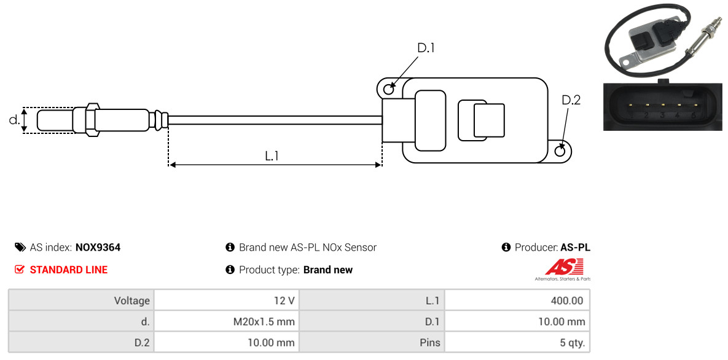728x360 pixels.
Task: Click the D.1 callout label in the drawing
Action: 426,48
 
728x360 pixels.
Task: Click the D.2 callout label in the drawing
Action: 571,100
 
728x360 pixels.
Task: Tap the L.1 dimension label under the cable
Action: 272,156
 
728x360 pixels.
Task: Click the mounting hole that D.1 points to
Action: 388,90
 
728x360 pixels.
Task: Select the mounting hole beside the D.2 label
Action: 560,151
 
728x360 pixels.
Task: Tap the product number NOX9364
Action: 98,248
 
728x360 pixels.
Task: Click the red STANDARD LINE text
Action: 68,270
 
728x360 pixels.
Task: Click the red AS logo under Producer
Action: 564,267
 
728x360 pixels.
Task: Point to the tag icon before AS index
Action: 20,248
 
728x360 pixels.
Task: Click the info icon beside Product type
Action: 230,270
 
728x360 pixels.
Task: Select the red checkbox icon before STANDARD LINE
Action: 20,270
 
